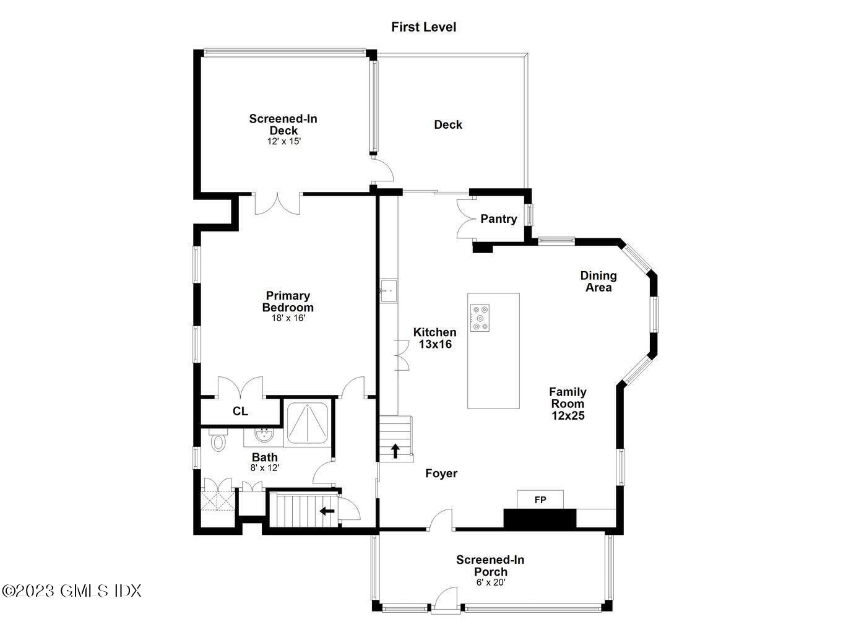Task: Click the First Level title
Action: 423,27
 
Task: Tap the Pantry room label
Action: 498,219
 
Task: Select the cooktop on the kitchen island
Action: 480,318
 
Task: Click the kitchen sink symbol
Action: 389,290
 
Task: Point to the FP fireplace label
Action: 540,500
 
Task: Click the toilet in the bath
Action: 218,442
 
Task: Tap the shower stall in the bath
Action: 308,422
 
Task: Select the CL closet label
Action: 240,412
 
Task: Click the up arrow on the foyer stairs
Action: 395,451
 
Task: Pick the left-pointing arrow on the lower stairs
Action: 326,511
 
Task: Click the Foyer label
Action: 441,474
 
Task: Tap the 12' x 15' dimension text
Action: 283,141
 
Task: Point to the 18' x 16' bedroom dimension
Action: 288,318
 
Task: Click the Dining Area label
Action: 598,281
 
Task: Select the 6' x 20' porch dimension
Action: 490,582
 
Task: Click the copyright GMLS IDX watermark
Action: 72,591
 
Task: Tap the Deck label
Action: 447,124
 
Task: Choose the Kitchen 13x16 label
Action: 434,338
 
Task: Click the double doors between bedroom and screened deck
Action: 277,203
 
